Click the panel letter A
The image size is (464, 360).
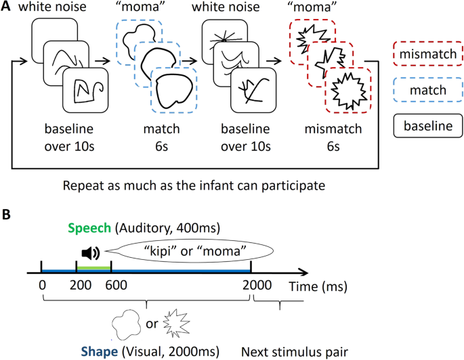coord(6,7)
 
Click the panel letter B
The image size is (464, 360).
coord(6,215)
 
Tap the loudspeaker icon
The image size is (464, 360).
coord(91,253)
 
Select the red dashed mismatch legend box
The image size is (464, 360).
coord(428,53)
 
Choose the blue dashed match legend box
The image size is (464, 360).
coord(428,90)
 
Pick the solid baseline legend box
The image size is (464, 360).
coord(428,126)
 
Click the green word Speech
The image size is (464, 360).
coord(89,228)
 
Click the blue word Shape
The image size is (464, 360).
coord(100,351)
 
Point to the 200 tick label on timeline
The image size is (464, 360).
coord(81,286)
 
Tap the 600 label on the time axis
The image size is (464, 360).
coord(117,286)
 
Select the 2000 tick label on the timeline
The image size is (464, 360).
coord(257,286)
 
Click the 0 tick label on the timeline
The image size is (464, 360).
coord(43,286)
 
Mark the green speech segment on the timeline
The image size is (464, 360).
coord(93,268)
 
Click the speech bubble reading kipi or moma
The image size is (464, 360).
coord(190,251)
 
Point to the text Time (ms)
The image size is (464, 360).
coord(318,287)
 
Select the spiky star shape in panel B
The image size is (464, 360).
coord(177,323)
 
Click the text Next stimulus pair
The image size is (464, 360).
coord(295,352)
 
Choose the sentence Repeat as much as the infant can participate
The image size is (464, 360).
coord(194,186)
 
